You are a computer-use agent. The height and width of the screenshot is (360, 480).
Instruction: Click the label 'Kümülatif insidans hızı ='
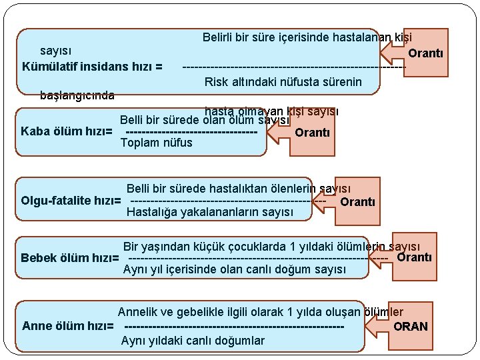tap(93, 67)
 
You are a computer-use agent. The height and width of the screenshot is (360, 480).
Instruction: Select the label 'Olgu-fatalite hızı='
tap(71, 201)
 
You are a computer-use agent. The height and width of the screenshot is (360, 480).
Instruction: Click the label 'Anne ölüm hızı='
tap(69, 326)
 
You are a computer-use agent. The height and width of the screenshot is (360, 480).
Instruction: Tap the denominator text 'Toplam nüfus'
tap(156, 143)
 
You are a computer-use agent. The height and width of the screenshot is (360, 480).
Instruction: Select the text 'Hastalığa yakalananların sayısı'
tap(210, 213)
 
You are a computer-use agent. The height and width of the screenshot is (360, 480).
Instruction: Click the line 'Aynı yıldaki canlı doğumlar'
tap(193, 341)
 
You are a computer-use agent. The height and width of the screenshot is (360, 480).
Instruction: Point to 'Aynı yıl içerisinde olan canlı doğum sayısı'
tap(235, 269)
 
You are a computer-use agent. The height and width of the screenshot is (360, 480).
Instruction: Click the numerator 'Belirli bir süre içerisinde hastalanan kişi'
tap(307, 38)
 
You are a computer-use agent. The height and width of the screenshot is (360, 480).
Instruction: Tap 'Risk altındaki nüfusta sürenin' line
tap(283, 82)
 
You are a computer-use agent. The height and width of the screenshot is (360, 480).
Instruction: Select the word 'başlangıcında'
tap(77, 95)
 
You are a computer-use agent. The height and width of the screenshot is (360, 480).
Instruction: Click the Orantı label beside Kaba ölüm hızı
tap(312, 132)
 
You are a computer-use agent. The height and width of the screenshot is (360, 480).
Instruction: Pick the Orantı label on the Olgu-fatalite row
tap(358, 201)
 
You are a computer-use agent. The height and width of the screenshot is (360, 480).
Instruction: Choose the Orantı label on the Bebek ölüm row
tap(415, 257)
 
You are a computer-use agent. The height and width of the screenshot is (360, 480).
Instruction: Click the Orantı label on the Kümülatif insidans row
tap(425, 53)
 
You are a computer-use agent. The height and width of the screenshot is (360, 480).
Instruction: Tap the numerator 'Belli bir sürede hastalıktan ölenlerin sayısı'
tap(239, 190)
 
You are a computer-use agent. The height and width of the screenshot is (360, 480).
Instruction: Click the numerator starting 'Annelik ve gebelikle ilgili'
tap(261, 312)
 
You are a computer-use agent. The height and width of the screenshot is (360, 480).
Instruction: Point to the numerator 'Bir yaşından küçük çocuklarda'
tap(280, 245)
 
